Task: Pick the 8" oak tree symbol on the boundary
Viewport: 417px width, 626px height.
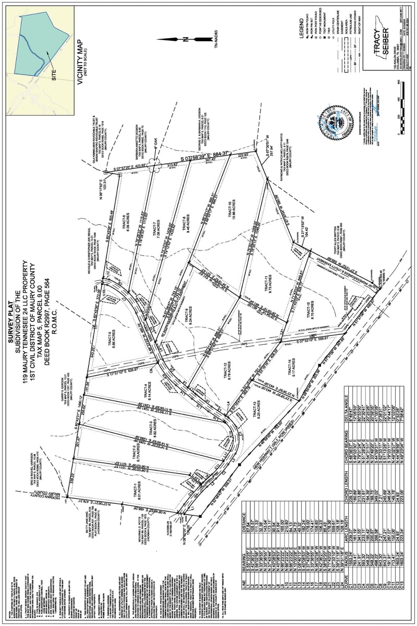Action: click(x=155, y=166)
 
